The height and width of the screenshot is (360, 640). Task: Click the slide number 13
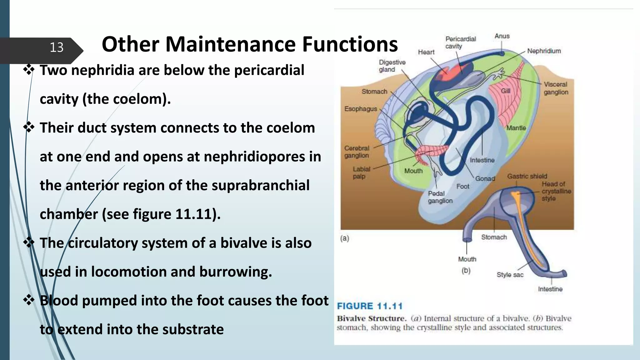(57, 47)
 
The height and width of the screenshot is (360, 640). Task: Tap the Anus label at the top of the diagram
(502, 36)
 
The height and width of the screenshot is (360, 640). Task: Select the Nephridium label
(544, 51)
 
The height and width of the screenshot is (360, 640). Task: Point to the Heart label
(426, 52)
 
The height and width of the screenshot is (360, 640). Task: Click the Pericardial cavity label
(460, 42)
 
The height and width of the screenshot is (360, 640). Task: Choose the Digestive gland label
(392, 66)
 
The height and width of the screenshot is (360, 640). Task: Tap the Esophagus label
(361, 109)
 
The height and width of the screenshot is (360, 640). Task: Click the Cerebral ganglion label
(357, 152)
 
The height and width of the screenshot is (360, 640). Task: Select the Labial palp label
(361, 172)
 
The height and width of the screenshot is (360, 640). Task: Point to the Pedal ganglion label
(440, 197)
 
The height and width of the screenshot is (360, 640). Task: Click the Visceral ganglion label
(556, 88)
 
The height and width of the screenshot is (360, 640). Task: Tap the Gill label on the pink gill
(505, 91)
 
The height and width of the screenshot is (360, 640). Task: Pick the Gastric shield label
(527, 176)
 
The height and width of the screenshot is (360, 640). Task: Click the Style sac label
(510, 275)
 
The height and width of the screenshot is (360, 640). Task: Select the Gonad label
(485, 178)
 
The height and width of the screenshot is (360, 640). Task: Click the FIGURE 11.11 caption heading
(369, 306)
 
